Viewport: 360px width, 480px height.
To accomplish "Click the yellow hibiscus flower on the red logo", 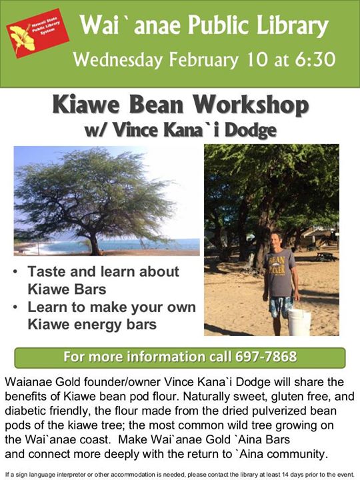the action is coord(22,37).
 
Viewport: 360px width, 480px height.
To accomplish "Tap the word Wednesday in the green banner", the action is coord(117,59).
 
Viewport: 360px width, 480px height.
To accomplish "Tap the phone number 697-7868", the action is coord(266,357).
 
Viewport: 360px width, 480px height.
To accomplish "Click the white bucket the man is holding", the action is coord(299,321).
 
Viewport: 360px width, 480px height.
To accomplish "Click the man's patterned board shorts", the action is coord(281,307).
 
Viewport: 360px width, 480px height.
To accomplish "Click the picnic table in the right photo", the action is coord(326,257).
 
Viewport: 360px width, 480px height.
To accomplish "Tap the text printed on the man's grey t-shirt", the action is coord(277,265).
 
